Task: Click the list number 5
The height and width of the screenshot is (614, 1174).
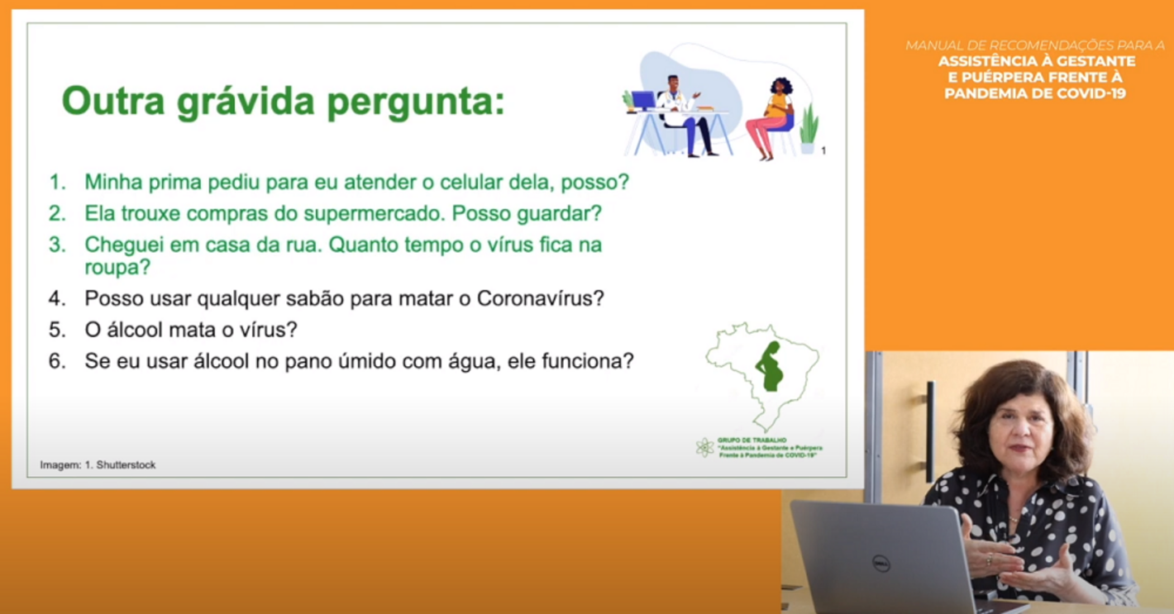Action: point(56,330)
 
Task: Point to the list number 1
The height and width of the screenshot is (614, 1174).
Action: point(56,182)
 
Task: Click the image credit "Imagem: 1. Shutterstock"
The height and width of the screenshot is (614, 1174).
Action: point(98,465)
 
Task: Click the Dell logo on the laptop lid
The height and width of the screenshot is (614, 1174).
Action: point(880,564)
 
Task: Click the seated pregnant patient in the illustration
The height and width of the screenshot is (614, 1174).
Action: point(772,117)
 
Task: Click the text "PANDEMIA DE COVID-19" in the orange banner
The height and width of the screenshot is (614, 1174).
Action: point(1034,93)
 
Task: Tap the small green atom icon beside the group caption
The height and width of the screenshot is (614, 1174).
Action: point(704,447)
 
